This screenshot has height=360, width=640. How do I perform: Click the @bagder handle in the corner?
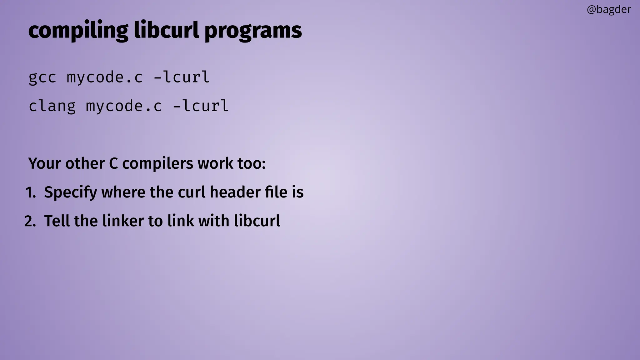[x=609, y=10]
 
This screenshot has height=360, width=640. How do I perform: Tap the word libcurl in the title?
[x=166, y=31]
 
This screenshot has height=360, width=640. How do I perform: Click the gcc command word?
[x=42, y=77]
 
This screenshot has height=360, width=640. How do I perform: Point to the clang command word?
[x=52, y=106]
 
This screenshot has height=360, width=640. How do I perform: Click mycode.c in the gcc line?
[x=105, y=77]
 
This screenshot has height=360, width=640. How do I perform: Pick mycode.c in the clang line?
[x=124, y=106]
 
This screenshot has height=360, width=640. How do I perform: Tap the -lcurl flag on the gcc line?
[x=182, y=77]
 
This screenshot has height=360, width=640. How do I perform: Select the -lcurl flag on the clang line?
[x=201, y=106]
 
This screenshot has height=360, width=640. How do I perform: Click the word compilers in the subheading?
[x=157, y=163]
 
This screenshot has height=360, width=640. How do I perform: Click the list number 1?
[x=30, y=192]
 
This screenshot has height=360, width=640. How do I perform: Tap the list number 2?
[x=30, y=221]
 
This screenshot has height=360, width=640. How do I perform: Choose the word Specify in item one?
[x=71, y=192]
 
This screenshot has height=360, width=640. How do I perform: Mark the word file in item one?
[x=276, y=192]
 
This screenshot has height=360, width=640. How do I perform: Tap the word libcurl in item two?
[x=257, y=221]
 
